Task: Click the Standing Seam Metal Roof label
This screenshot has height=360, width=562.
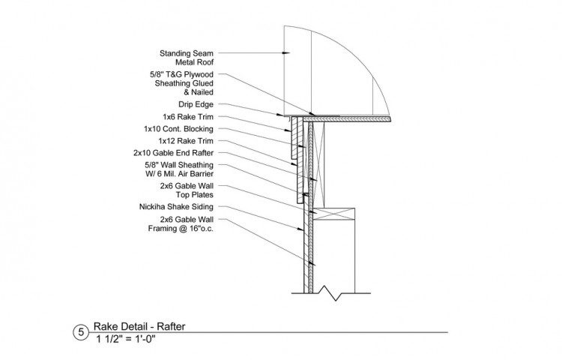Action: click(187, 58)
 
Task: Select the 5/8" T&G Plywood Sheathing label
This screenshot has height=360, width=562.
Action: click(181, 83)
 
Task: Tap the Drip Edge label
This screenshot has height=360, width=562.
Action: click(196, 104)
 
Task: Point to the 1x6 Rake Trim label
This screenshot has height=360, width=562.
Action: click(188, 117)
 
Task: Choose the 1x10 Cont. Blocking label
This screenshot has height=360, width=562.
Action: click(178, 129)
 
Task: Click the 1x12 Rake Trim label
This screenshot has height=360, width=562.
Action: click(186, 141)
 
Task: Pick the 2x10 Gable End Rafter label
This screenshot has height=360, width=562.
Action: click(174, 153)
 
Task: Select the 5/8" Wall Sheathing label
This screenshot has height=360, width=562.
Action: click(179, 169)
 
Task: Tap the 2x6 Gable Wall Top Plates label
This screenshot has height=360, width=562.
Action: click(187, 190)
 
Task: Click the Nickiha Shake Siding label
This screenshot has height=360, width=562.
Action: click(176, 207)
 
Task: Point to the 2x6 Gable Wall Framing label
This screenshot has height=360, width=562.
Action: click(181, 223)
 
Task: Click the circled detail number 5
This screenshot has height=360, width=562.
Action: click(81, 332)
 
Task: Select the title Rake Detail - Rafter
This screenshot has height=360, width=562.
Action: click(139, 326)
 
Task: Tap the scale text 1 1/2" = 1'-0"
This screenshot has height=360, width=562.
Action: click(126, 339)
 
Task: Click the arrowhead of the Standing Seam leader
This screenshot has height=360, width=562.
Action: click(286, 53)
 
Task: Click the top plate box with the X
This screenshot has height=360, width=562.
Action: click(334, 214)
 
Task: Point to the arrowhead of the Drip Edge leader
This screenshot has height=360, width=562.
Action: click(281, 115)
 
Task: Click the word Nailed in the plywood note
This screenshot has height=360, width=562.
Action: click(202, 92)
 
